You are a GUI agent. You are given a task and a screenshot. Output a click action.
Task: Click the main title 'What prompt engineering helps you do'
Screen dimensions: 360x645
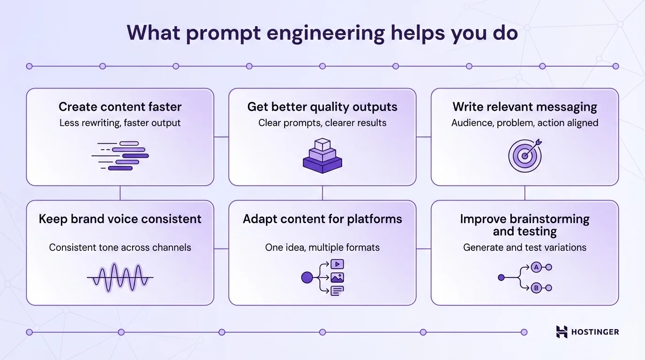pyautogui.click(x=322, y=33)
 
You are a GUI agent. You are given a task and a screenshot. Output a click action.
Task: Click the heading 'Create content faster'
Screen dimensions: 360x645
pyautogui.click(x=120, y=107)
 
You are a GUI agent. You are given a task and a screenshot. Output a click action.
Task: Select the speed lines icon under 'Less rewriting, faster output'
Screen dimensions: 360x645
pyautogui.click(x=120, y=155)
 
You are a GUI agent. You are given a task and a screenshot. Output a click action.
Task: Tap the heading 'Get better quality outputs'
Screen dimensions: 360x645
pyautogui.click(x=322, y=107)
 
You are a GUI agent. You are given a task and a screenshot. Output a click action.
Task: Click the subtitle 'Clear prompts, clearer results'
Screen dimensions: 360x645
pyautogui.click(x=322, y=123)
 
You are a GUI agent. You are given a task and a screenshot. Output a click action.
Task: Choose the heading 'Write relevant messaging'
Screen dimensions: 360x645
pyautogui.click(x=525, y=107)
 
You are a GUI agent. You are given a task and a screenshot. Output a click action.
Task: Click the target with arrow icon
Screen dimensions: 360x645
pyautogui.click(x=525, y=155)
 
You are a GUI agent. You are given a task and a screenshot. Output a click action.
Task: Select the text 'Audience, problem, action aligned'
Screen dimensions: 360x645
pyautogui.click(x=525, y=123)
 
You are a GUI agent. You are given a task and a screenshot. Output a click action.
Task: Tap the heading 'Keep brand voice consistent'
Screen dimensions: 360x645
pyautogui.click(x=120, y=219)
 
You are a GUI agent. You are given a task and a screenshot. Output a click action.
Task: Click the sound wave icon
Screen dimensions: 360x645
pyautogui.click(x=120, y=277)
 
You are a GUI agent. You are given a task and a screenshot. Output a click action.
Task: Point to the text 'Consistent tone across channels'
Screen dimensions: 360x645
pyautogui.click(x=120, y=247)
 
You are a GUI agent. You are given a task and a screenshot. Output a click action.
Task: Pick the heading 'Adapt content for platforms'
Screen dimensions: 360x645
pyautogui.click(x=322, y=219)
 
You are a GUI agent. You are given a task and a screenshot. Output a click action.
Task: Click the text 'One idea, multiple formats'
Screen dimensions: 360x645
pyautogui.click(x=322, y=247)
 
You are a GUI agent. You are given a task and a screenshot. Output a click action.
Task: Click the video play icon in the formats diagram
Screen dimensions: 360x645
pyautogui.click(x=337, y=264)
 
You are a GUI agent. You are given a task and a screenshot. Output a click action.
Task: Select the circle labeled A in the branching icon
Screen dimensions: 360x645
pyautogui.click(x=536, y=267)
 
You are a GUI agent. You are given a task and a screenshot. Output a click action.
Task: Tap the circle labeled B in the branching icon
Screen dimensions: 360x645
pyautogui.click(x=536, y=288)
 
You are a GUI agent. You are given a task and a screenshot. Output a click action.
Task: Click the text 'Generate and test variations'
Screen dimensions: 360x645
pyautogui.click(x=525, y=247)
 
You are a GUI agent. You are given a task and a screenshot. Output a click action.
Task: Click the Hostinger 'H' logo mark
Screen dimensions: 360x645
pyautogui.click(x=562, y=332)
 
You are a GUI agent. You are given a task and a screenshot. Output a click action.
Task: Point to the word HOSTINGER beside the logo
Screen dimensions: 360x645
pyautogui.click(x=595, y=332)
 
